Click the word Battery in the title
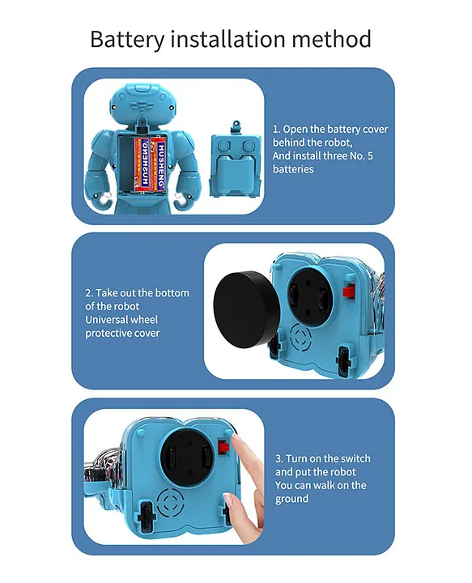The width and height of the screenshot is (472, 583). pyautogui.click(x=127, y=39)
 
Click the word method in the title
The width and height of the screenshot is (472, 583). pyautogui.click(x=331, y=39)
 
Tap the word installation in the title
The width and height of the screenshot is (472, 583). pyautogui.click(x=227, y=39)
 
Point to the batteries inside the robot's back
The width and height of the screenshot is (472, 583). pyautogui.click(x=150, y=164)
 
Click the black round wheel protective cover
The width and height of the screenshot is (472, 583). pyautogui.click(x=246, y=309)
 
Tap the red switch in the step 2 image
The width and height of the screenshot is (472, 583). pyautogui.click(x=349, y=291)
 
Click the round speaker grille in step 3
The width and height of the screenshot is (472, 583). pyautogui.click(x=170, y=502)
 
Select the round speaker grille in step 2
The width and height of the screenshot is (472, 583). pyautogui.click(x=300, y=338)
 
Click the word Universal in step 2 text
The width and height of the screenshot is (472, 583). pyautogui.click(x=103, y=320)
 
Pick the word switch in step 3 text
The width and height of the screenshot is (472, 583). pyautogui.click(x=355, y=458)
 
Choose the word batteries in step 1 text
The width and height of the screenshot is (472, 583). pyautogui.click(x=293, y=169)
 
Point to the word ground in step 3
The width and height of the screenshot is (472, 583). pyautogui.click(x=291, y=499)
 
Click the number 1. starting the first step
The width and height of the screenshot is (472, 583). pyautogui.click(x=277, y=130)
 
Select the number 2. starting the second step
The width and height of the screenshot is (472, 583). pyautogui.click(x=89, y=293)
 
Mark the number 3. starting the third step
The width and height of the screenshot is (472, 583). pyautogui.click(x=279, y=458)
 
